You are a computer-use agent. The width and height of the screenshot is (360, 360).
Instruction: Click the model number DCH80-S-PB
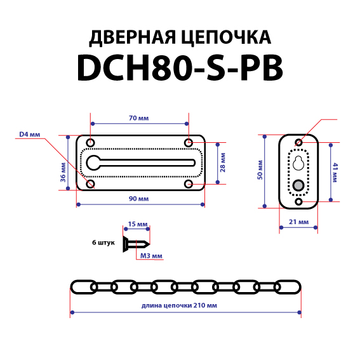click(x=180, y=68)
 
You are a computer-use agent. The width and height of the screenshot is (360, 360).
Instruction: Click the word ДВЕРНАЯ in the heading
click(x=133, y=37)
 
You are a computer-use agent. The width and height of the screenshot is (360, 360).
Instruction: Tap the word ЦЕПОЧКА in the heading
click(x=226, y=37)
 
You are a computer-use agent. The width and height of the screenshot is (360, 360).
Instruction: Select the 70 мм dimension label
click(x=138, y=118)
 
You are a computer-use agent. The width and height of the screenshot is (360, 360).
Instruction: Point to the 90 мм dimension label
click(x=138, y=199)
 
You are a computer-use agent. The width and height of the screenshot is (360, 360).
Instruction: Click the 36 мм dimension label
click(x=63, y=172)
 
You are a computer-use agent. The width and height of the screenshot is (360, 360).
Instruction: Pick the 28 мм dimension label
click(x=222, y=163)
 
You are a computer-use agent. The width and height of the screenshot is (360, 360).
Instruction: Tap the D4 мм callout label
click(x=30, y=135)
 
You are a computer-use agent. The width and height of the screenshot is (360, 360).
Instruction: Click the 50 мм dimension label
click(x=260, y=170)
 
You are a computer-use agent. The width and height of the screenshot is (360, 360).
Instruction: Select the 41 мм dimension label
click(x=335, y=173)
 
